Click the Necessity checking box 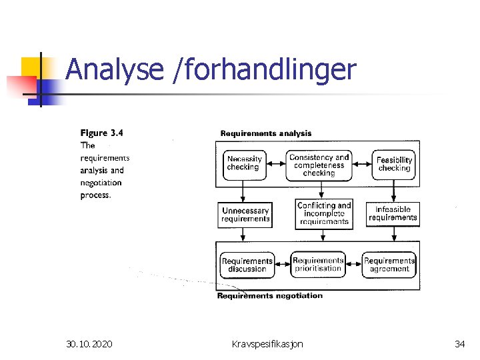click(x=244, y=164)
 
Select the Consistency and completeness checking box click(x=319, y=165)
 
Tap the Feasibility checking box click(x=394, y=164)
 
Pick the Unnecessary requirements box click(x=245, y=215)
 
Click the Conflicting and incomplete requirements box click(x=324, y=214)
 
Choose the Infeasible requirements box click(x=393, y=214)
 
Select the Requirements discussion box click(x=247, y=265)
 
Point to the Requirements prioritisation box click(x=318, y=265)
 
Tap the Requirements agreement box click(x=389, y=265)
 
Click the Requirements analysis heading click(x=265, y=133)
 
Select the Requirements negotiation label click(x=269, y=295)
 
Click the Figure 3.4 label click(x=101, y=133)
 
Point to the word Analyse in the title click(x=115, y=70)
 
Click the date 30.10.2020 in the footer click(x=89, y=344)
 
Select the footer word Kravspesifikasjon click(x=267, y=344)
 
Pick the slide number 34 click(x=459, y=344)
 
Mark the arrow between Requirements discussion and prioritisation click(x=282, y=262)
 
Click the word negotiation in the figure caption click(x=101, y=183)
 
